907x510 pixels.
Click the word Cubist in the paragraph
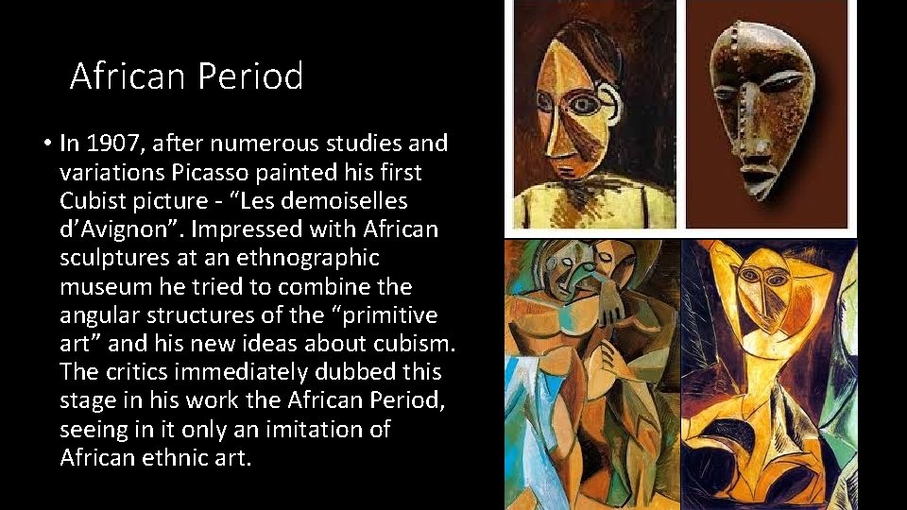(92, 201)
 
